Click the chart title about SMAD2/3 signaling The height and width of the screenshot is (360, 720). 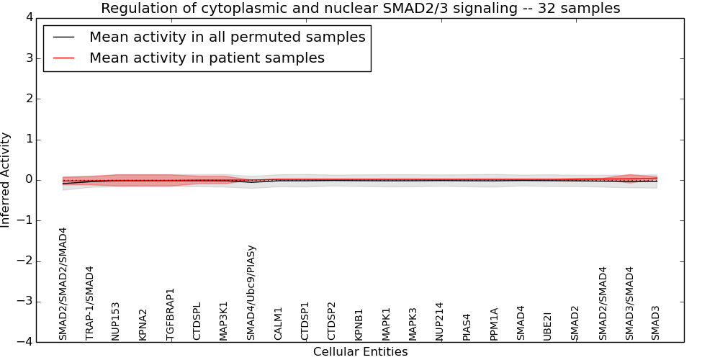click(x=360, y=9)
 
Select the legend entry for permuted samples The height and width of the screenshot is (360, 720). click(x=227, y=37)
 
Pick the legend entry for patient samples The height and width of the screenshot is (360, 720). click(x=207, y=58)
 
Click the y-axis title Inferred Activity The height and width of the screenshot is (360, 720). click(x=6, y=180)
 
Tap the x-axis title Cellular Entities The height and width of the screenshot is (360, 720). click(x=360, y=352)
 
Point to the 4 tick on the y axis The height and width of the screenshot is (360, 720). click(x=28, y=17)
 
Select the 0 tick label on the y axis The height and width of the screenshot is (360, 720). click(x=28, y=180)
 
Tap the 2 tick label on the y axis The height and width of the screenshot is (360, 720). click(x=28, y=99)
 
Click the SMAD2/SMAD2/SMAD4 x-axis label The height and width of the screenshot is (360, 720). click(x=63, y=284)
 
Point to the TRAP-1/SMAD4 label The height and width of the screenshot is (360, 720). click(x=90, y=302)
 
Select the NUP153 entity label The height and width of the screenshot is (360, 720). click(x=117, y=320)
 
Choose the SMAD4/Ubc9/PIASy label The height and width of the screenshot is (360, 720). click(x=251, y=292)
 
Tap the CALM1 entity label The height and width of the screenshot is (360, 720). click(x=279, y=323)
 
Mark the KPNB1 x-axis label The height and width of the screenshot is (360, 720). click(x=359, y=324)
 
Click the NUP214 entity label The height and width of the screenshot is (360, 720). click(x=440, y=320)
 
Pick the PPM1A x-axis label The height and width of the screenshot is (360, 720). click(x=494, y=324)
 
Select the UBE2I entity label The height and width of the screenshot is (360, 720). click(x=548, y=325)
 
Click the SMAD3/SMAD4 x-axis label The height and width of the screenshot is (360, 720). click(x=629, y=303)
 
